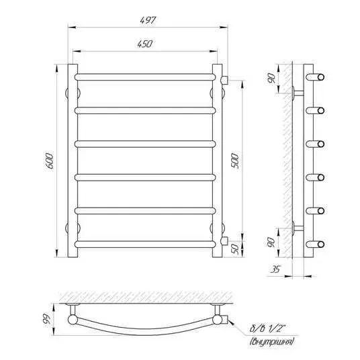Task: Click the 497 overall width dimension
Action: pyautogui.click(x=148, y=20)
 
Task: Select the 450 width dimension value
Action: pyautogui.click(x=145, y=44)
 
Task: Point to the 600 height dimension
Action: pyautogui.click(x=50, y=161)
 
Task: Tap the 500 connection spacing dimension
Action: pyautogui.click(x=235, y=161)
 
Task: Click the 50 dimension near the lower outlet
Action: pyautogui.click(x=235, y=249)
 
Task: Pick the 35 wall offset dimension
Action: pyautogui.click(x=275, y=269)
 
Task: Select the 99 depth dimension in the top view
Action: pyautogui.click(x=46, y=319)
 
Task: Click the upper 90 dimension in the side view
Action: pyautogui.click(x=271, y=79)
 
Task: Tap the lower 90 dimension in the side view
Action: pyautogui.click(x=271, y=242)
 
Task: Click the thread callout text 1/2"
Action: pyautogui.click(x=279, y=328)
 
